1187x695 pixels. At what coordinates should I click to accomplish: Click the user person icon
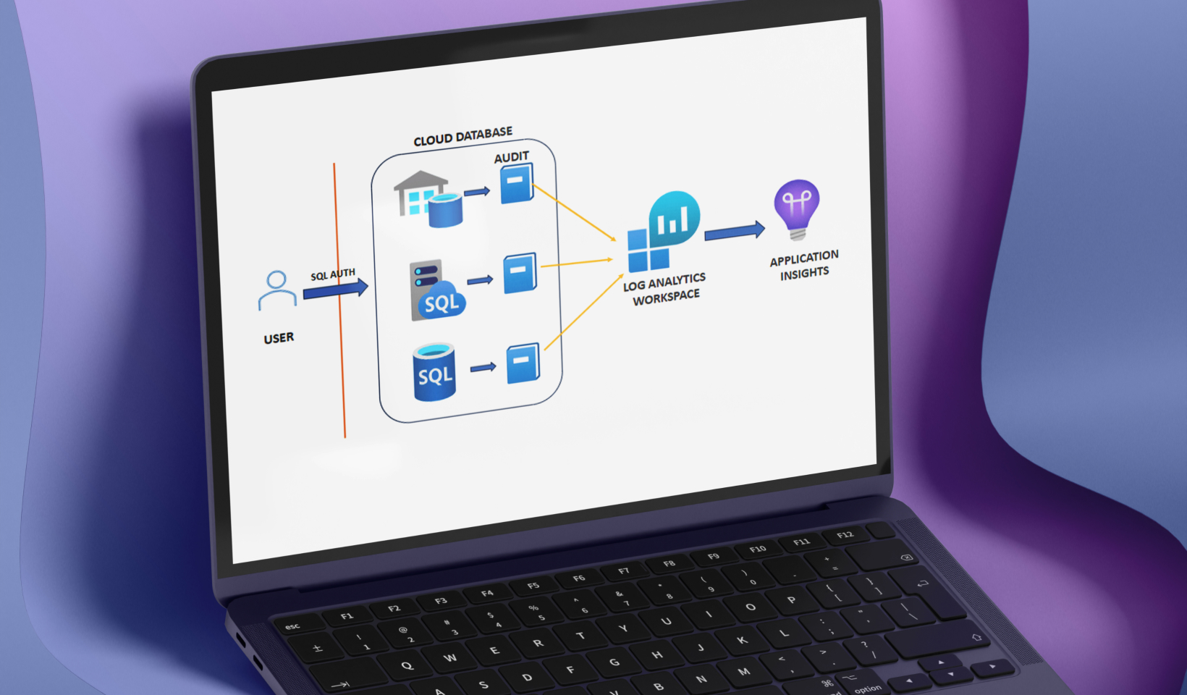(277, 290)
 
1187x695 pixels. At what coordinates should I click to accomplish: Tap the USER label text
(279, 338)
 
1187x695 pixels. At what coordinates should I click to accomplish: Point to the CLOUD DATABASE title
(462, 136)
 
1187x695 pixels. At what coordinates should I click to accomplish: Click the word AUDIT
(511, 157)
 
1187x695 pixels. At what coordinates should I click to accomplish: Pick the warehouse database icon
(427, 198)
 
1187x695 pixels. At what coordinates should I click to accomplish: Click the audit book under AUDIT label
(517, 182)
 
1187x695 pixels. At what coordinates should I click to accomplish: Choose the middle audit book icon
(520, 272)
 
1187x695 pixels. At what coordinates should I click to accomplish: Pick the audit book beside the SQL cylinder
(523, 363)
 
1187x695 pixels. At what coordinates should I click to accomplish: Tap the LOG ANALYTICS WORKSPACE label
(664, 289)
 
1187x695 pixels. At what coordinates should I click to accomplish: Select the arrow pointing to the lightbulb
(734, 232)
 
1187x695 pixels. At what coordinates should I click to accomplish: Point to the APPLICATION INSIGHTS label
(804, 265)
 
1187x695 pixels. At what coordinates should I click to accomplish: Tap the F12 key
(845, 535)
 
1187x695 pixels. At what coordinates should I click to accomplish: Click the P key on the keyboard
(791, 600)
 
